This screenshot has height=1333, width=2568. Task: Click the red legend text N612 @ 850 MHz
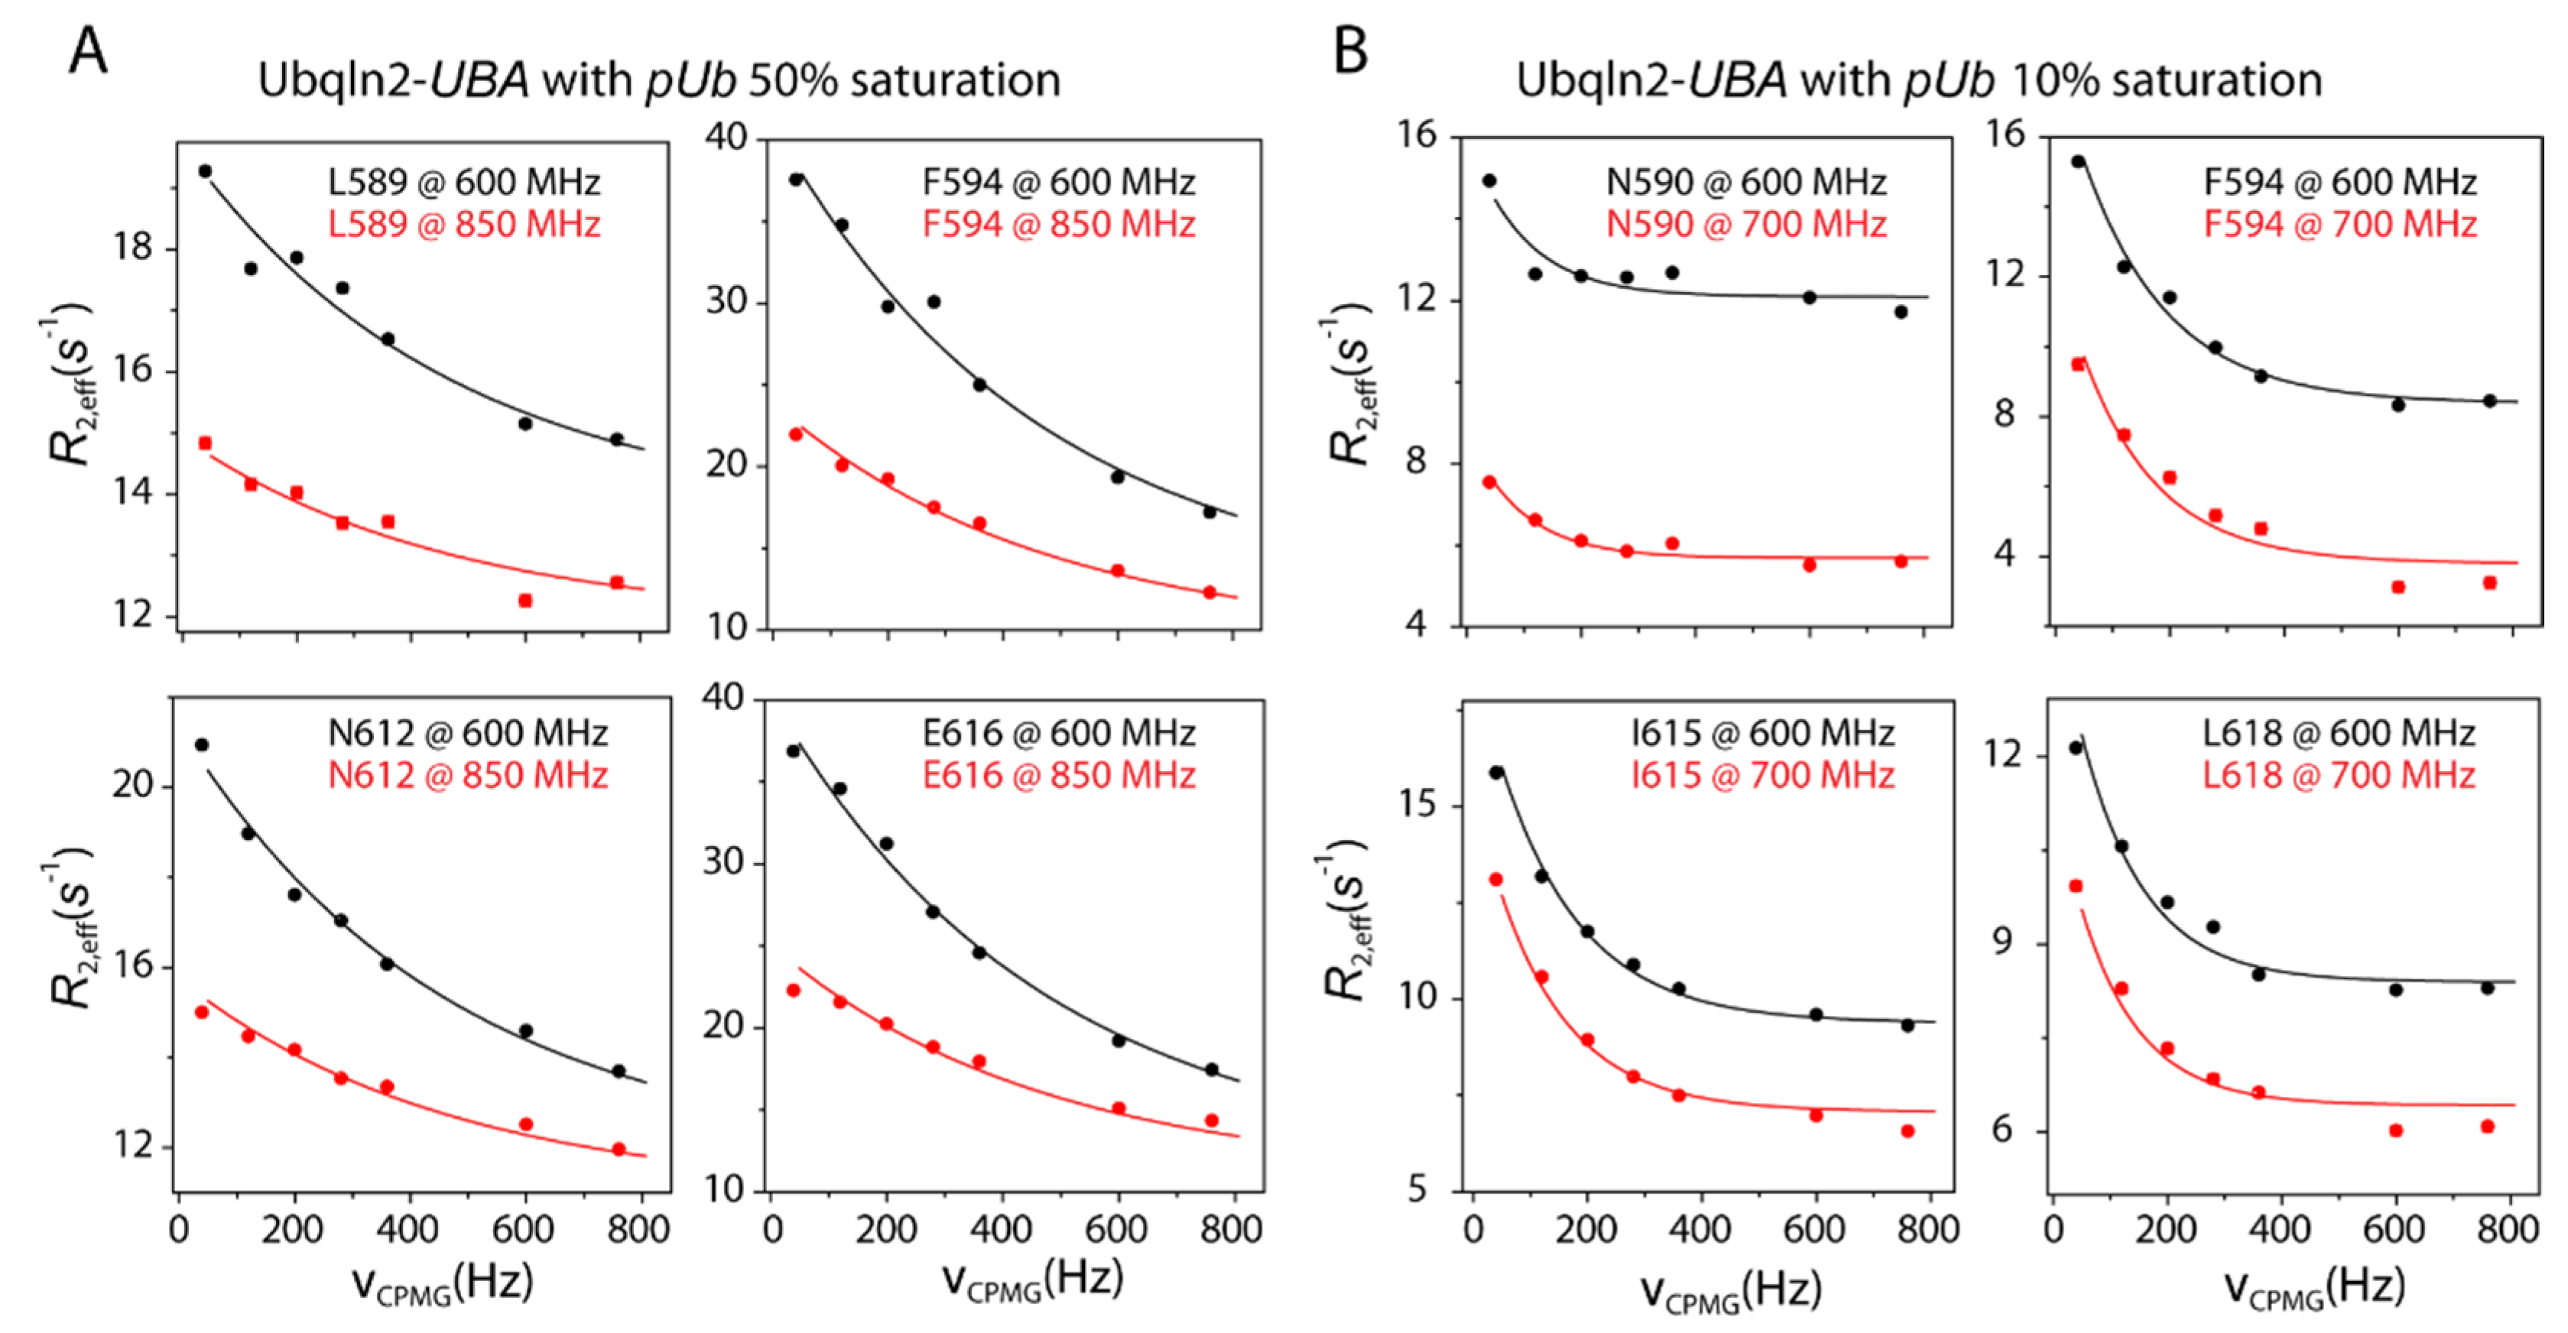(468, 776)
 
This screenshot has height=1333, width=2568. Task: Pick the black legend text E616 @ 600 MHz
(1058, 734)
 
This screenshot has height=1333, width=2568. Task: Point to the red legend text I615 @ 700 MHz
(1761, 776)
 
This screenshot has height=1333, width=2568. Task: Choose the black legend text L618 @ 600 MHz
(2338, 734)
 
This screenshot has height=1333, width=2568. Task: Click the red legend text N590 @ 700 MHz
(1745, 224)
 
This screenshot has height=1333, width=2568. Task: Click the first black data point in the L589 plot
(206, 171)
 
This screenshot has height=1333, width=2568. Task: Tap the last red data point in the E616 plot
(1211, 1121)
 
